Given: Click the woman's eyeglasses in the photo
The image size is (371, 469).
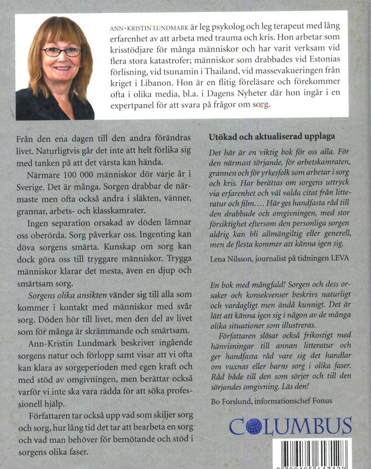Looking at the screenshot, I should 61,52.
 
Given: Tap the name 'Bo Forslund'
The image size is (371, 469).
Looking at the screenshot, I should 229,403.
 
